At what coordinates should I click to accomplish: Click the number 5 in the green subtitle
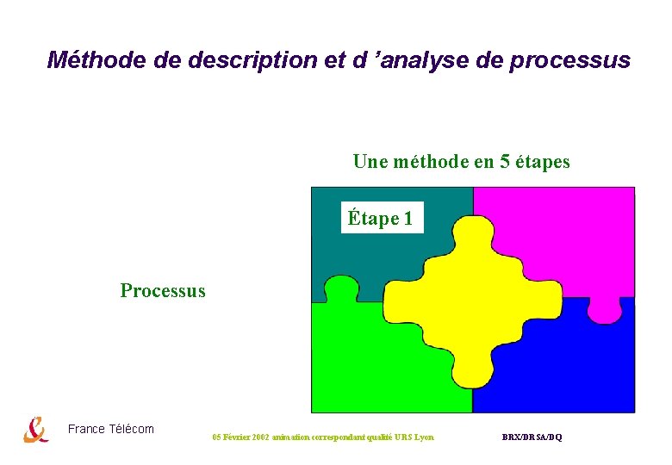pos(503,161)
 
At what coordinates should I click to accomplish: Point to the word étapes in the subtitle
pos(543,161)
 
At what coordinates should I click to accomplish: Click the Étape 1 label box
pos(380,219)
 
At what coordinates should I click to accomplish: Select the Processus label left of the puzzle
pos(163,290)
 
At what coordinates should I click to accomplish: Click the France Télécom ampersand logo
pos(36,429)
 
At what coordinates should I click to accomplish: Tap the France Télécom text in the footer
pos(110,429)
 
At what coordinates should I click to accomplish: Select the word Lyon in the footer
pos(424,437)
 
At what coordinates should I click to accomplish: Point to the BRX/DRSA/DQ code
pos(532,437)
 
